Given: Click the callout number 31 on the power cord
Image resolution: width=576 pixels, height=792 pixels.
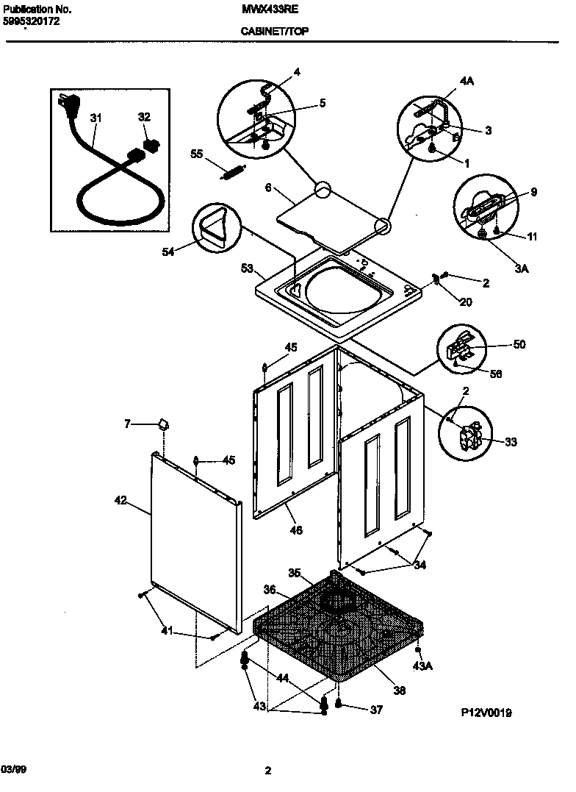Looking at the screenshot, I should pos(96,118).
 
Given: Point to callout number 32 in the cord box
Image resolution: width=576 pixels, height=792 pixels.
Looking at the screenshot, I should pos(144,117).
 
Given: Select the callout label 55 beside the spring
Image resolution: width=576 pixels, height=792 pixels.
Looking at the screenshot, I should pos(196,154).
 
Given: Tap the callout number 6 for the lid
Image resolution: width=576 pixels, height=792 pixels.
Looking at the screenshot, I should pos(268,188).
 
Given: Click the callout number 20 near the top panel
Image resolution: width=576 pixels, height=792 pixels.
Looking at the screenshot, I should pos(466,302).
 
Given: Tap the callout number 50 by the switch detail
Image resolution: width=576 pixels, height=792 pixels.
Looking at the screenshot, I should pos(519,344).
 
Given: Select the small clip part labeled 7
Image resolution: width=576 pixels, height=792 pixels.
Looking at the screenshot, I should pos(162,424).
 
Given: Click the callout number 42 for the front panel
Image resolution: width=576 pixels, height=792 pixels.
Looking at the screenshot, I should pos(121,501).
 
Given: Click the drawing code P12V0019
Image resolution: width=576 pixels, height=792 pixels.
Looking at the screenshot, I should pos(486,713).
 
